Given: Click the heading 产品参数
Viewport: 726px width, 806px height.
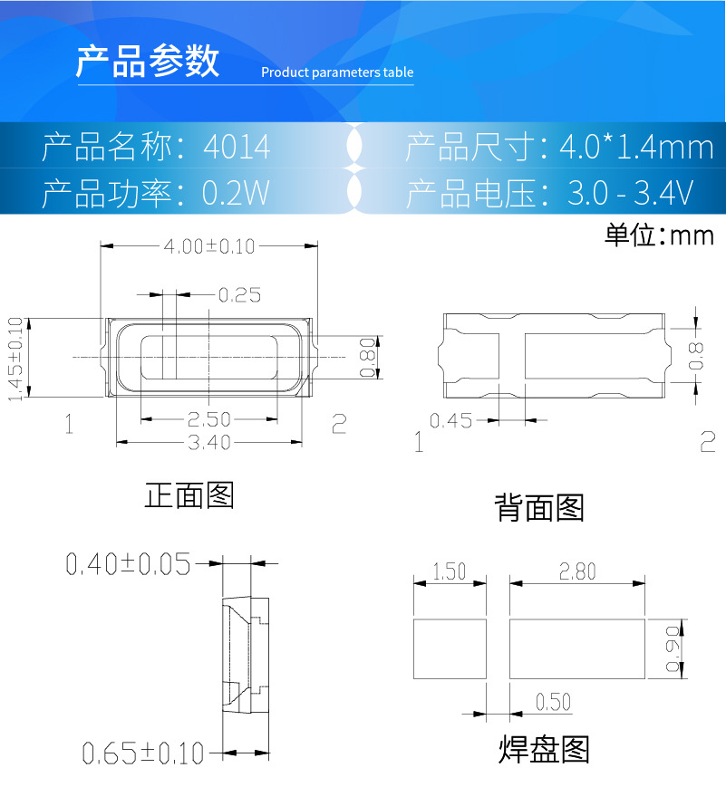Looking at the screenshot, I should pyautogui.click(x=148, y=62).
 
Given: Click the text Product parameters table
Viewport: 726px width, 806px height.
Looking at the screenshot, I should pyautogui.click(x=337, y=72).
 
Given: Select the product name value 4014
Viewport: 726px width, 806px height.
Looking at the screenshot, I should pyautogui.click(x=237, y=147).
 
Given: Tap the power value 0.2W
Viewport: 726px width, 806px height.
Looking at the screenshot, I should pyautogui.click(x=236, y=193).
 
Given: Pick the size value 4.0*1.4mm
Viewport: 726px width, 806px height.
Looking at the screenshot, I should pyautogui.click(x=637, y=147).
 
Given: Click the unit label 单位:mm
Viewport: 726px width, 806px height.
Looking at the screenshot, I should pyautogui.click(x=659, y=236).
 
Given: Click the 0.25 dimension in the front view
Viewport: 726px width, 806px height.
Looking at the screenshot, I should pyautogui.click(x=239, y=294).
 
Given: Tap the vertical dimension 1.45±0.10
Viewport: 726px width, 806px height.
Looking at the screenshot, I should pyautogui.click(x=15, y=359).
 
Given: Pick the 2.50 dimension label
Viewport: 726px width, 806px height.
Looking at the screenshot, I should pyautogui.click(x=208, y=419).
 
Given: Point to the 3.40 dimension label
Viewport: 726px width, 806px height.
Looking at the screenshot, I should pyautogui.click(x=208, y=442).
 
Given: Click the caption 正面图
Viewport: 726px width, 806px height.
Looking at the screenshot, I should pyautogui.click(x=189, y=495).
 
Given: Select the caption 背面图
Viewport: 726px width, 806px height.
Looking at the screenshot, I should pyautogui.click(x=538, y=508).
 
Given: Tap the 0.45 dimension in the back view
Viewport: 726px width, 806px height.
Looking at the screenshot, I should pyautogui.click(x=450, y=420).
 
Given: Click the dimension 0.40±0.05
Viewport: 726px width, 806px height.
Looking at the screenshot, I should pyautogui.click(x=128, y=565).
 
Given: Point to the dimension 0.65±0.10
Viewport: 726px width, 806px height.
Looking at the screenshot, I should pyautogui.click(x=143, y=753).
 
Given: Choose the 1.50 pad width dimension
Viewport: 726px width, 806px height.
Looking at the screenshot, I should pyautogui.click(x=449, y=572).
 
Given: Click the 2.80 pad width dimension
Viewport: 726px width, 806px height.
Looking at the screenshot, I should pyautogui.click(x=577, y=572).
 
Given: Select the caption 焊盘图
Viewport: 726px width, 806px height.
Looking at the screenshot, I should pyautogui.click(x=544, y=750).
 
